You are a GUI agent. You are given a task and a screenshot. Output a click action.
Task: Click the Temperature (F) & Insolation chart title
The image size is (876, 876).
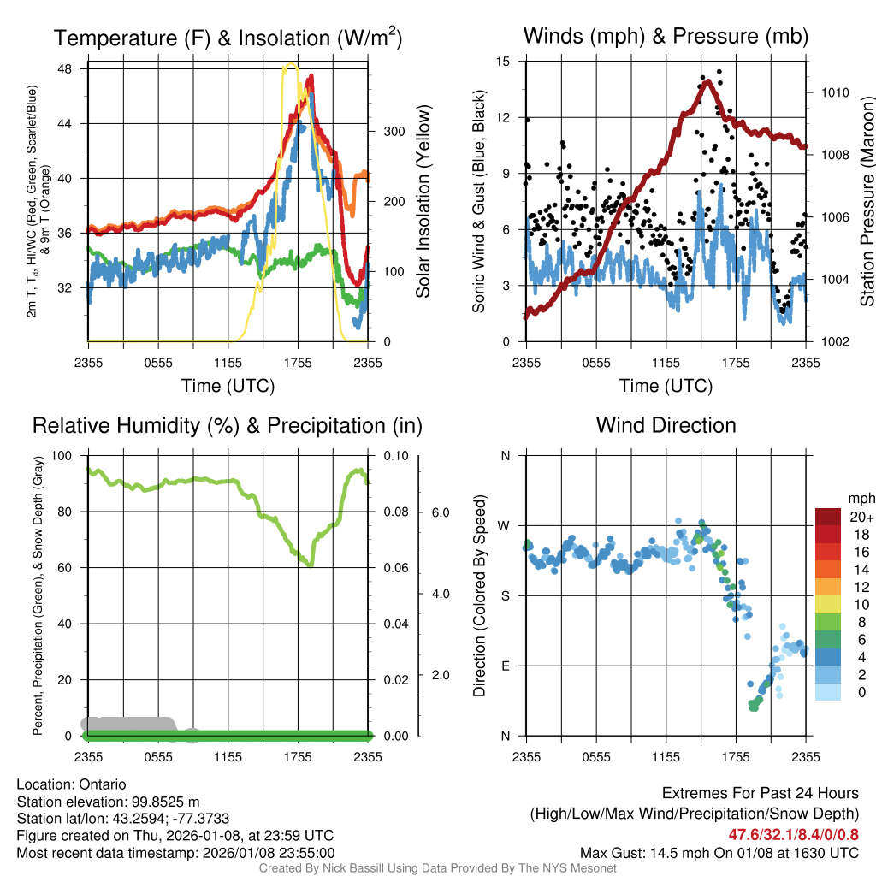coord(228,38)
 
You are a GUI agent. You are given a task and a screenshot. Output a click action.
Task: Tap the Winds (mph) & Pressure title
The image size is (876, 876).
coord(666,36)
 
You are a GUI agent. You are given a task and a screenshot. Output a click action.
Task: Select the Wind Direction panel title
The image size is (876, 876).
coord(666,425)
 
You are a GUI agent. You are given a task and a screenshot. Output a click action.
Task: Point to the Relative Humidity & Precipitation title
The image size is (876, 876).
coord(228,425)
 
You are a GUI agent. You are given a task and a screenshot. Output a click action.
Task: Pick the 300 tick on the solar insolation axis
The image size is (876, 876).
coord(391,132)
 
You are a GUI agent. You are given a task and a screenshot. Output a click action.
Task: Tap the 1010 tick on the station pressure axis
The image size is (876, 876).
coord(832,92)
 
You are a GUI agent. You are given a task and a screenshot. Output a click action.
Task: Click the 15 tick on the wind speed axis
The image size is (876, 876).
coord(503,62)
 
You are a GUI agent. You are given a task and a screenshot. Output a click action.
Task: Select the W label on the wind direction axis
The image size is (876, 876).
coord(505,525)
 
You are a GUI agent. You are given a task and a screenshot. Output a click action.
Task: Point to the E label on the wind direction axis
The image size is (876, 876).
coord(505,666)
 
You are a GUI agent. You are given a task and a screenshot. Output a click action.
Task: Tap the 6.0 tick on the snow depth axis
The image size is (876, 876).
coord(440,512)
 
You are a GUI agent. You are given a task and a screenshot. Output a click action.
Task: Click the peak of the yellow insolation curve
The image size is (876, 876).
coord(292,64)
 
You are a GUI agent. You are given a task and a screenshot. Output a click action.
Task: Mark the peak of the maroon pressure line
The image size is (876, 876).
coord(707,80)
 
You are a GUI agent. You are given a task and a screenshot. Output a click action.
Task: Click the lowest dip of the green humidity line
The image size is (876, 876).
coord(310,565)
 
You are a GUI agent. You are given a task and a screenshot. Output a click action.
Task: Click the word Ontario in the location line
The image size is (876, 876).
coord(103,784)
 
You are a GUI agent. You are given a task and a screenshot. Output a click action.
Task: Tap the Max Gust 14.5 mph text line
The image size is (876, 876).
coord(719,852)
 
